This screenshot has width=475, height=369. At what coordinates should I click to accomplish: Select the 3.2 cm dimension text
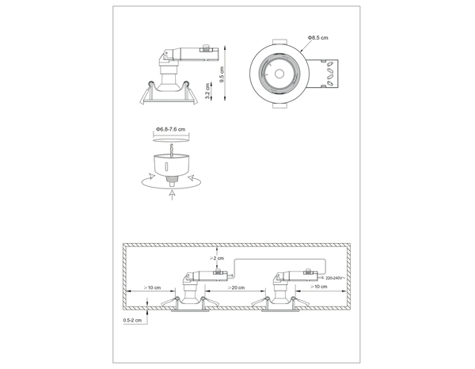[x=207, y=92]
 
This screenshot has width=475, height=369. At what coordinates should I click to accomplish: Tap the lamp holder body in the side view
[x=169, y=75]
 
